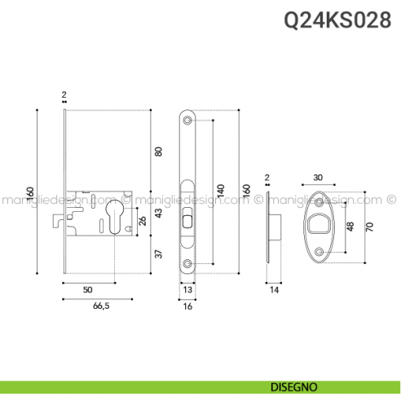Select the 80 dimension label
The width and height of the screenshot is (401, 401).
159,151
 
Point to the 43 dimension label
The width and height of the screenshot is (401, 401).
159,214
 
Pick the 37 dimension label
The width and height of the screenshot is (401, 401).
159,253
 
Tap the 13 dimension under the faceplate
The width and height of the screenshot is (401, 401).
187,289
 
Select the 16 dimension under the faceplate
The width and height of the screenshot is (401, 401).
187,306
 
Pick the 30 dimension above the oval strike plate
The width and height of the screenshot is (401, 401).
317,178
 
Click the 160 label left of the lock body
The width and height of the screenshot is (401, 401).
30,194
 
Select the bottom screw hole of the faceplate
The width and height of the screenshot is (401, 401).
188,263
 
